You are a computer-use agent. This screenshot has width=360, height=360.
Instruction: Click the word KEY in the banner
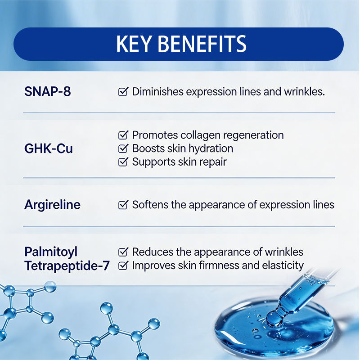134,44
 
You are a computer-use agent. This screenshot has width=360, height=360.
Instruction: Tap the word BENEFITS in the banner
202,44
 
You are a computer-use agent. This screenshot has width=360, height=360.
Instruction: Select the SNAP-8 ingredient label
48,91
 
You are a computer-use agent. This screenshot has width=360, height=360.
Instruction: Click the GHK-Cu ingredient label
49,148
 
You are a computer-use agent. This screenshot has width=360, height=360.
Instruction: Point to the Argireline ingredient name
52,204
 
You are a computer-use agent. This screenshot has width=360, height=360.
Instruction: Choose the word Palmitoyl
51,252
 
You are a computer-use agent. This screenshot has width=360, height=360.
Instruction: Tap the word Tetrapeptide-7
67,265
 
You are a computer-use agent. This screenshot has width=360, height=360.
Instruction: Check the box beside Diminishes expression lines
123,92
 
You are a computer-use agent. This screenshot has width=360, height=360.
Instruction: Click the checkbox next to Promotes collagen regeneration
123,135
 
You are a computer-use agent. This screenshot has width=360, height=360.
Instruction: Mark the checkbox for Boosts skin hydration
123,148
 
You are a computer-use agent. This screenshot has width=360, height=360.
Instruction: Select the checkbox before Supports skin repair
123,162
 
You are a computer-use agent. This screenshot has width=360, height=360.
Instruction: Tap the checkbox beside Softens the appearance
123,205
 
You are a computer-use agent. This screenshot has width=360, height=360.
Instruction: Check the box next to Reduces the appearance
123,252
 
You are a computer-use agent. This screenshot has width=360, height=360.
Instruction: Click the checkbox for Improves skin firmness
123,265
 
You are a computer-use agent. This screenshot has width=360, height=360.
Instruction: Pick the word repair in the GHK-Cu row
213,162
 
